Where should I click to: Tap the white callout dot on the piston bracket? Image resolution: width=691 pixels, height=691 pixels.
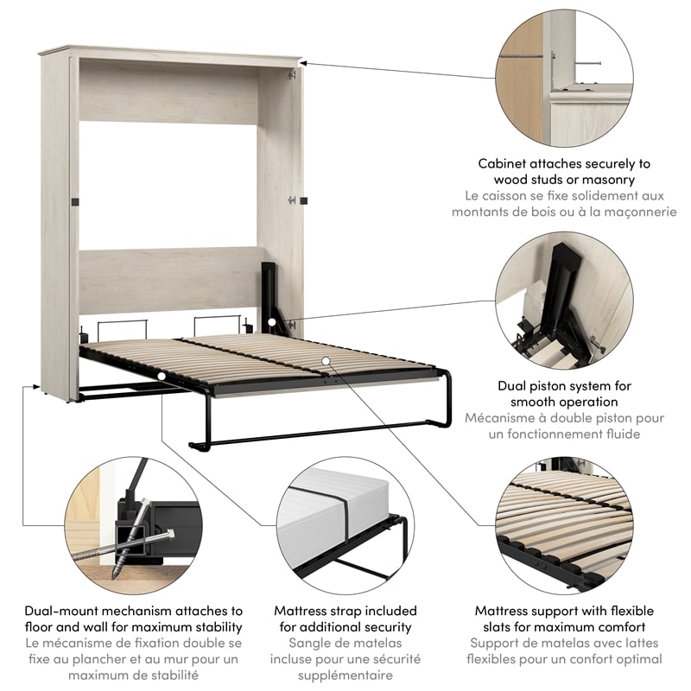tap(272, 322)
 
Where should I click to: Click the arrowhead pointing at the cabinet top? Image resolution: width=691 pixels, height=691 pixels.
tap(305, 62)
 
